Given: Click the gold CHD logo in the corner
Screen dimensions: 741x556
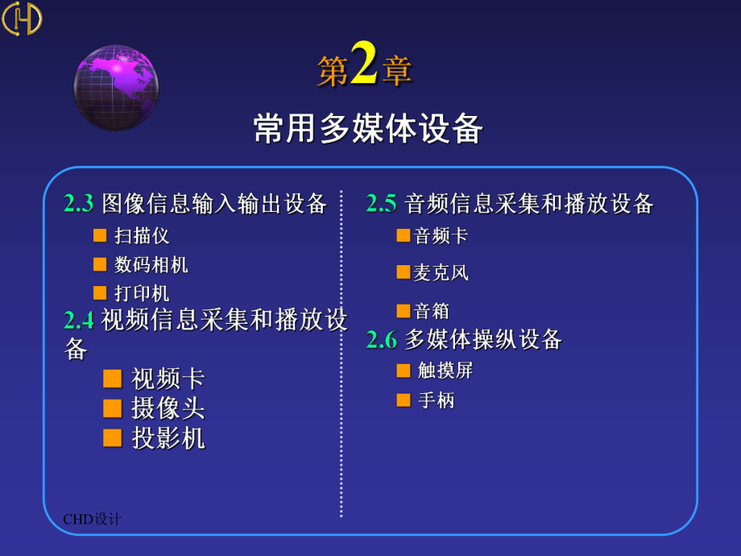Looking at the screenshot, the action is pos(22,19).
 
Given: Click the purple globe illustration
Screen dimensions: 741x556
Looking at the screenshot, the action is pos(116,88).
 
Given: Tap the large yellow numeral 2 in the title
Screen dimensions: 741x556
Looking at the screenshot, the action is pos(364,64).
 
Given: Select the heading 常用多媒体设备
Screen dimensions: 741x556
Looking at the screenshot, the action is pos(367,129).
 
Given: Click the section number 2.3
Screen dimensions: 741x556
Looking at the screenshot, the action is pos(78,204).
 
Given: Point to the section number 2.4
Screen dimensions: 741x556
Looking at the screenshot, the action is pos(78,320).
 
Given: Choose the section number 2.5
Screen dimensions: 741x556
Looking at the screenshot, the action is pos(381,204).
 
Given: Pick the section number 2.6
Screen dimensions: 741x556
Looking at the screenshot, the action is pos(381,340).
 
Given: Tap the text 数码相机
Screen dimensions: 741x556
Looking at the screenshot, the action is pos(151,265).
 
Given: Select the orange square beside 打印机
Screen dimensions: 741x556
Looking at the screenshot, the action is pos(100,293).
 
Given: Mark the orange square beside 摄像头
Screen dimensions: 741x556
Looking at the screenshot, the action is pos(113,409).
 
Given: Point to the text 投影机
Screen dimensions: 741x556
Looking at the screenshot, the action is pos(168,438).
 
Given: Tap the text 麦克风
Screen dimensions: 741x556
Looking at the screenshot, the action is pos(441,273).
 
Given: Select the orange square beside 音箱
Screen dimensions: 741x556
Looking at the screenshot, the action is pos(403,311).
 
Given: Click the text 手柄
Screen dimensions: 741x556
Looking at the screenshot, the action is pos(436,400).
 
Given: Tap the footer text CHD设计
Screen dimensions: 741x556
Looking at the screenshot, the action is pos(92,519).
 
